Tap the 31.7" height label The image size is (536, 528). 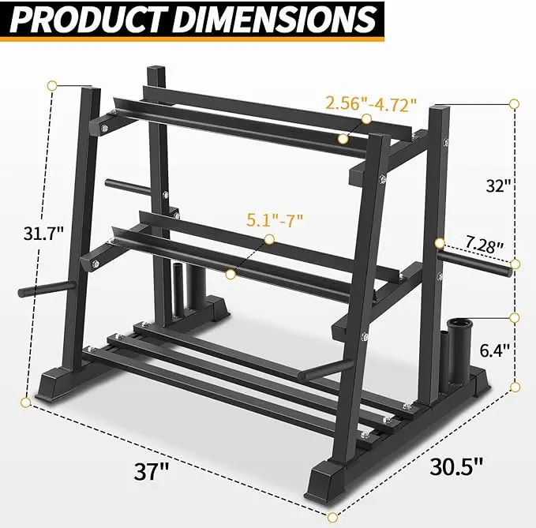[x=43, y=234]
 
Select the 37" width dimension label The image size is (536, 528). [x=152, y=472]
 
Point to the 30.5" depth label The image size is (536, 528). [x=456, y=466]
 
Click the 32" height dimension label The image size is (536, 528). [x=499, y=186]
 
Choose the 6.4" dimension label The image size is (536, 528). [x=495, y=350]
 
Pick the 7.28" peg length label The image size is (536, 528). [x=484, y=245]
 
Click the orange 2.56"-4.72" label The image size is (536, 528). [x=372, y=104]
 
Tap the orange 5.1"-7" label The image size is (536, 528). [x=275, y=220]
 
